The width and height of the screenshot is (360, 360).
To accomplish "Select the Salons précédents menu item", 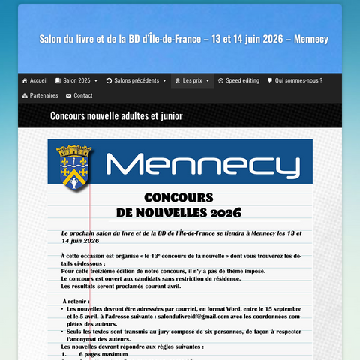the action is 136,80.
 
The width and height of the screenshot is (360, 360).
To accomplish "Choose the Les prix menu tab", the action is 192,80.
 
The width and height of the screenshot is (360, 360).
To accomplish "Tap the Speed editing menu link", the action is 242,80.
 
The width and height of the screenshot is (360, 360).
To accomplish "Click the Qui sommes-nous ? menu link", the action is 298,80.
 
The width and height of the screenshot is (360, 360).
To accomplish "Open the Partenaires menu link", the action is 43,95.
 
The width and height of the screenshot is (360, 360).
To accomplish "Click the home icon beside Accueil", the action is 25,80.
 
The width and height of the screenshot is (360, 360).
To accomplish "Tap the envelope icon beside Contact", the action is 69,95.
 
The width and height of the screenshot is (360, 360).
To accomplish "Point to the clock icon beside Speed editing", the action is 220,80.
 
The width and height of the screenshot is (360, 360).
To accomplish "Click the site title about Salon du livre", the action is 184,38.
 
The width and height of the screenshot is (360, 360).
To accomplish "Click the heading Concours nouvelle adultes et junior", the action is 116,115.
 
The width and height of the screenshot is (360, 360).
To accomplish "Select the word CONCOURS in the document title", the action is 178,198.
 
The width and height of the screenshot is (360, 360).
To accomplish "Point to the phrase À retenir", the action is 77,301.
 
